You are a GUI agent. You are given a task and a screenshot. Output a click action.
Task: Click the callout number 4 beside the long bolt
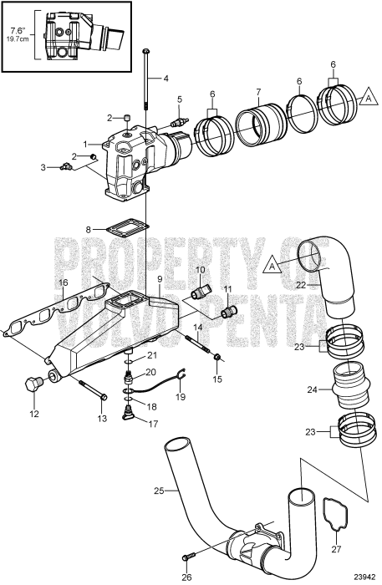[x=166, y=79]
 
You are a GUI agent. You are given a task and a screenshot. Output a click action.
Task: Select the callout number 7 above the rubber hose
[x=259, y=90]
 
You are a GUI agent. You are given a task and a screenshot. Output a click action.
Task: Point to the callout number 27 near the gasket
[x=337, y=548]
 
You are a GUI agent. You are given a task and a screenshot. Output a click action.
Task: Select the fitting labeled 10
[x=197, y=296]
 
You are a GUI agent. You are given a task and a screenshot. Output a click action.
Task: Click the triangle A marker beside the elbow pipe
[x=270, y=267]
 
